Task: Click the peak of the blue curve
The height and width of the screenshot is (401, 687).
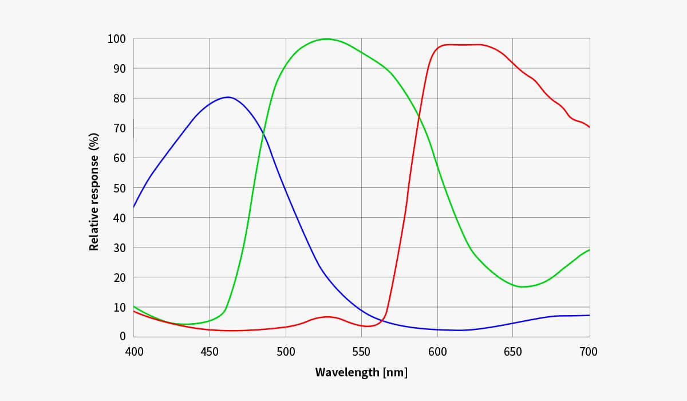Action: [228, 97]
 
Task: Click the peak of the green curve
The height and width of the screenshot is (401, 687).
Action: [326, 39]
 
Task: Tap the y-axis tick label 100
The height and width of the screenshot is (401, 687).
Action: [116, 39]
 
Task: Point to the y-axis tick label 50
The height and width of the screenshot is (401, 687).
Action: [119, 188]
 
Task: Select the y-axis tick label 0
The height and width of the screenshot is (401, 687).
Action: [123, 336]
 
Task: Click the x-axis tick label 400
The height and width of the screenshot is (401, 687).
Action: [134, 352]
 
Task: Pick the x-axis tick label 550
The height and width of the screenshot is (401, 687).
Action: [361, 352]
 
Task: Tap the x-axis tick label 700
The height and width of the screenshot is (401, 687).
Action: [589, 352]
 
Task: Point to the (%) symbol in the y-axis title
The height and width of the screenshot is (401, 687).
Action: [94, 141]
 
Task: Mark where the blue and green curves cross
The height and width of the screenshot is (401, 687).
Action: [264, 135]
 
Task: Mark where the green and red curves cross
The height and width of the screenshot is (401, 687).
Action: [419, 117]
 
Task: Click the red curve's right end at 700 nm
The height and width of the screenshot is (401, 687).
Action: [589, 127]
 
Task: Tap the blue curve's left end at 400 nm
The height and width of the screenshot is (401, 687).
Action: [134, 206]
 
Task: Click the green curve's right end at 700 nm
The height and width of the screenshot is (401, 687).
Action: [589, 250]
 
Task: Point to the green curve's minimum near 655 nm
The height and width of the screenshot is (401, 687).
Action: [522, 286]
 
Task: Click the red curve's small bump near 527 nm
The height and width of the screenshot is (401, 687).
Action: [327, 317]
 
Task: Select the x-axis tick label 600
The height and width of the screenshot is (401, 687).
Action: [437, 352]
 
